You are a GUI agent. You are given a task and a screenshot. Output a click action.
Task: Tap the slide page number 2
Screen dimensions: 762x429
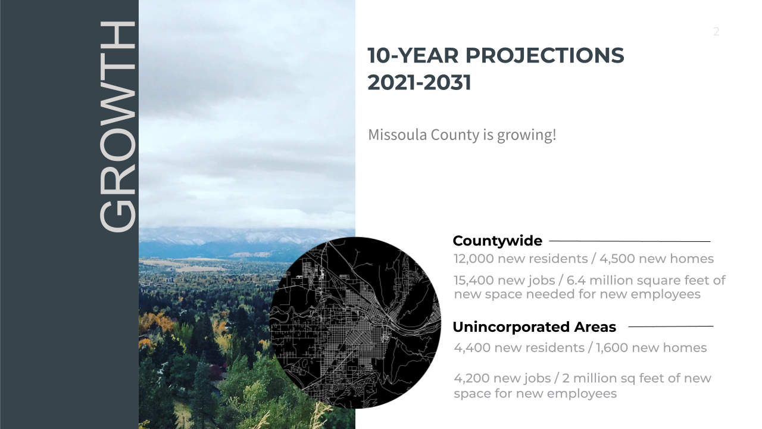[716, 32]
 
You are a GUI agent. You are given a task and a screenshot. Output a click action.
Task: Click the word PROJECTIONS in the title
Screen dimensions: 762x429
[545, 55]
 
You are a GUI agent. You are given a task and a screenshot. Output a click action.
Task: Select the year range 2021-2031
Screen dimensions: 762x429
[420, 83]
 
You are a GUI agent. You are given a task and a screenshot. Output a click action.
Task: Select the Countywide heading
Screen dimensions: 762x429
[497, 241]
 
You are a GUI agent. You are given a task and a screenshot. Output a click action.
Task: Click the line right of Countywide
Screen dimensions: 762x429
[630, 241]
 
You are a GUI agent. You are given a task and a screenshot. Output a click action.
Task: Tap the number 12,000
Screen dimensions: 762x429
[474, 259]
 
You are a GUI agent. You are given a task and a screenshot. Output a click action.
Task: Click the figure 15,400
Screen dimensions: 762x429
[474, 281]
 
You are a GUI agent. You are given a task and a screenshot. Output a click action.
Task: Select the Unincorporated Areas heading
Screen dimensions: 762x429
[535, 327]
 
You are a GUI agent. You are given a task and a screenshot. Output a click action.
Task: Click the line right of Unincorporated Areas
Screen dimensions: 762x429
[671, 327]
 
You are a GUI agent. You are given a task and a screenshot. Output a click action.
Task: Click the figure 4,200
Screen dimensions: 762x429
[471, 378]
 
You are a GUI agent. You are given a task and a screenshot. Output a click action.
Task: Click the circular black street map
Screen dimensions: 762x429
[355, 323]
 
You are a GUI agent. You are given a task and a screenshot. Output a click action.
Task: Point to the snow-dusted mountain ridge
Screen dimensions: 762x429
[238, 240]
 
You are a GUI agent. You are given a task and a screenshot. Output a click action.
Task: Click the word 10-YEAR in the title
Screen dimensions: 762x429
[413, 55]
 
